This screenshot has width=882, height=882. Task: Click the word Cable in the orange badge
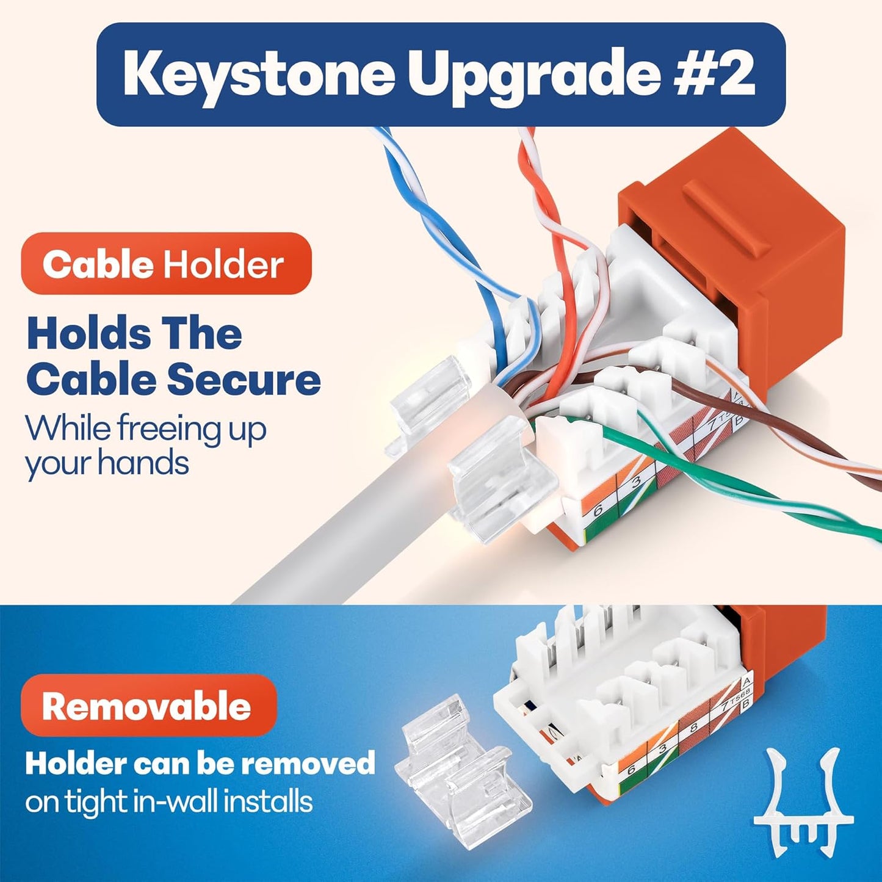(x=98, y=265)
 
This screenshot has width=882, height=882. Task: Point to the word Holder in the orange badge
(x=223, y=265)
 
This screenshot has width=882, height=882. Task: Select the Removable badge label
(x=146, y=706)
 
